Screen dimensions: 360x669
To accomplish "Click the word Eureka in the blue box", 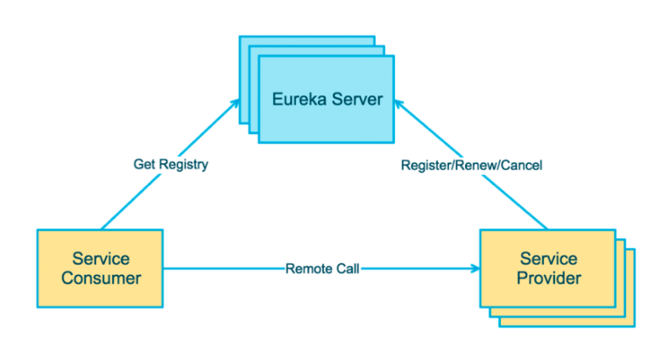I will (297, 99).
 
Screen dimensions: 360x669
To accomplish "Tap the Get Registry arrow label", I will (171, 164).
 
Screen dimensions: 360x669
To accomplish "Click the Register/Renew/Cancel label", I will (471, 165).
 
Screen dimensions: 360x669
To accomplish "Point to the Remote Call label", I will (323, 268).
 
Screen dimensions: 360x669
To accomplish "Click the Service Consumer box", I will (100, 268).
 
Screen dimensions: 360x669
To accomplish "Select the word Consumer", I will (101, 279).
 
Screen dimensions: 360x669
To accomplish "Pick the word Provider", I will (548, 279).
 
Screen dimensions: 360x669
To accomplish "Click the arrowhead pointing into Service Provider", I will (474, 268).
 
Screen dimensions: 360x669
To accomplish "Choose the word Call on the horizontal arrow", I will (346, 268).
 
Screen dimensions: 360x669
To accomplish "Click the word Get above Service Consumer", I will (144, 164).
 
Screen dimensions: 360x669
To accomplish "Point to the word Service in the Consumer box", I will (101, 259).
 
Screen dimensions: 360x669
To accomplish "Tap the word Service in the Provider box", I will (548, 259).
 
